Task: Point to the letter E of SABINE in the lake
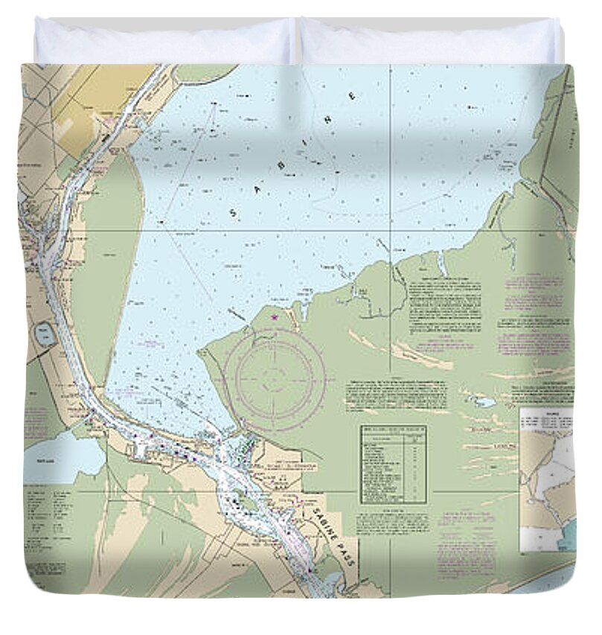[x=352, y=96]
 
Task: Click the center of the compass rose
[x=275, y=379]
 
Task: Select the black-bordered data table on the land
[x=393, y=463]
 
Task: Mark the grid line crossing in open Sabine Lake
[x=391, y=230]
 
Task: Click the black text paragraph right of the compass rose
[x=397, y=395]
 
